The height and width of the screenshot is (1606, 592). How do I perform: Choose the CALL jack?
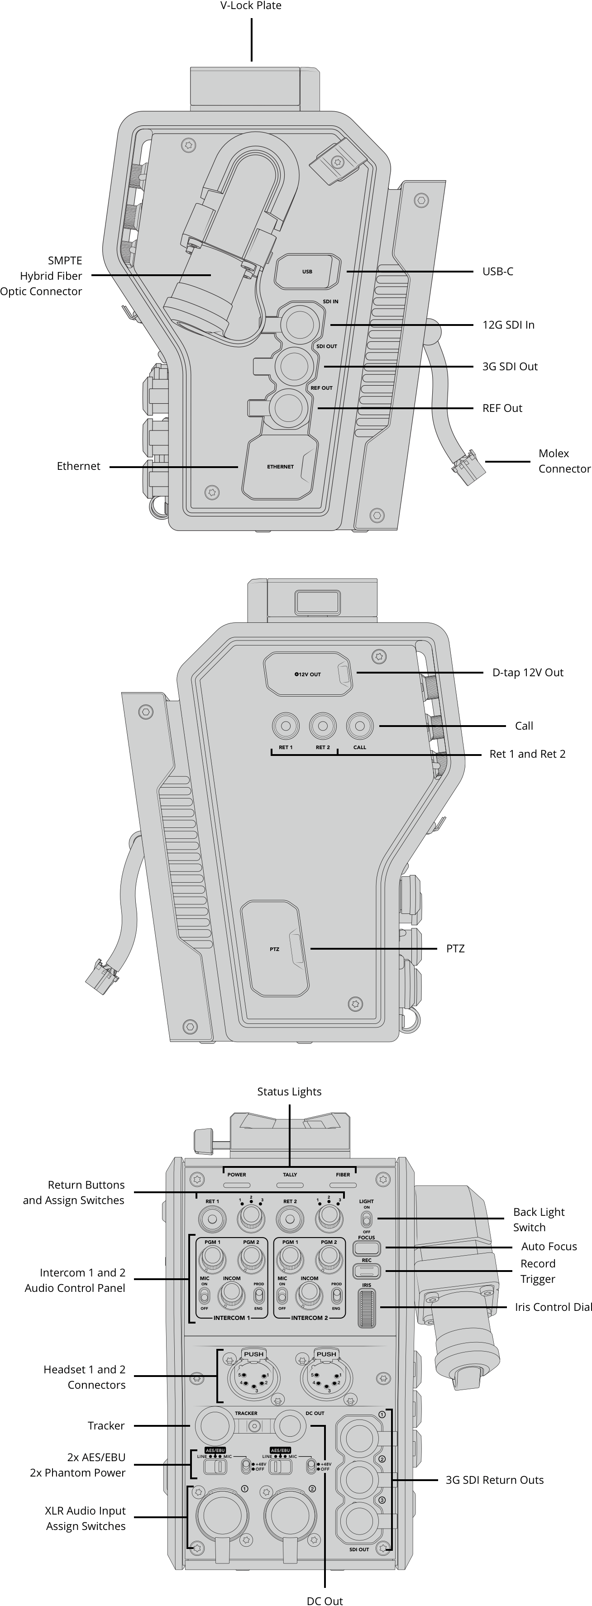click(359, 726)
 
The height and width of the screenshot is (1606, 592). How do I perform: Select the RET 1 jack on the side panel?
click(286, 726)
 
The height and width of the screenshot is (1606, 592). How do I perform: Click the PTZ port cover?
click(275, 948)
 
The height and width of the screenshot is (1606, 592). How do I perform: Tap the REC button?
click(367, 1271)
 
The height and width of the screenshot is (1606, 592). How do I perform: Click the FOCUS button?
click(367, 1248)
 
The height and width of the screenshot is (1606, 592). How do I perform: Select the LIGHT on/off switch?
click(367, 1219)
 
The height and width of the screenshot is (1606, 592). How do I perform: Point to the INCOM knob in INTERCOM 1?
click(231, 1295)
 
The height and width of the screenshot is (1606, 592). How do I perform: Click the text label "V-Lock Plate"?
click(251, 5)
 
